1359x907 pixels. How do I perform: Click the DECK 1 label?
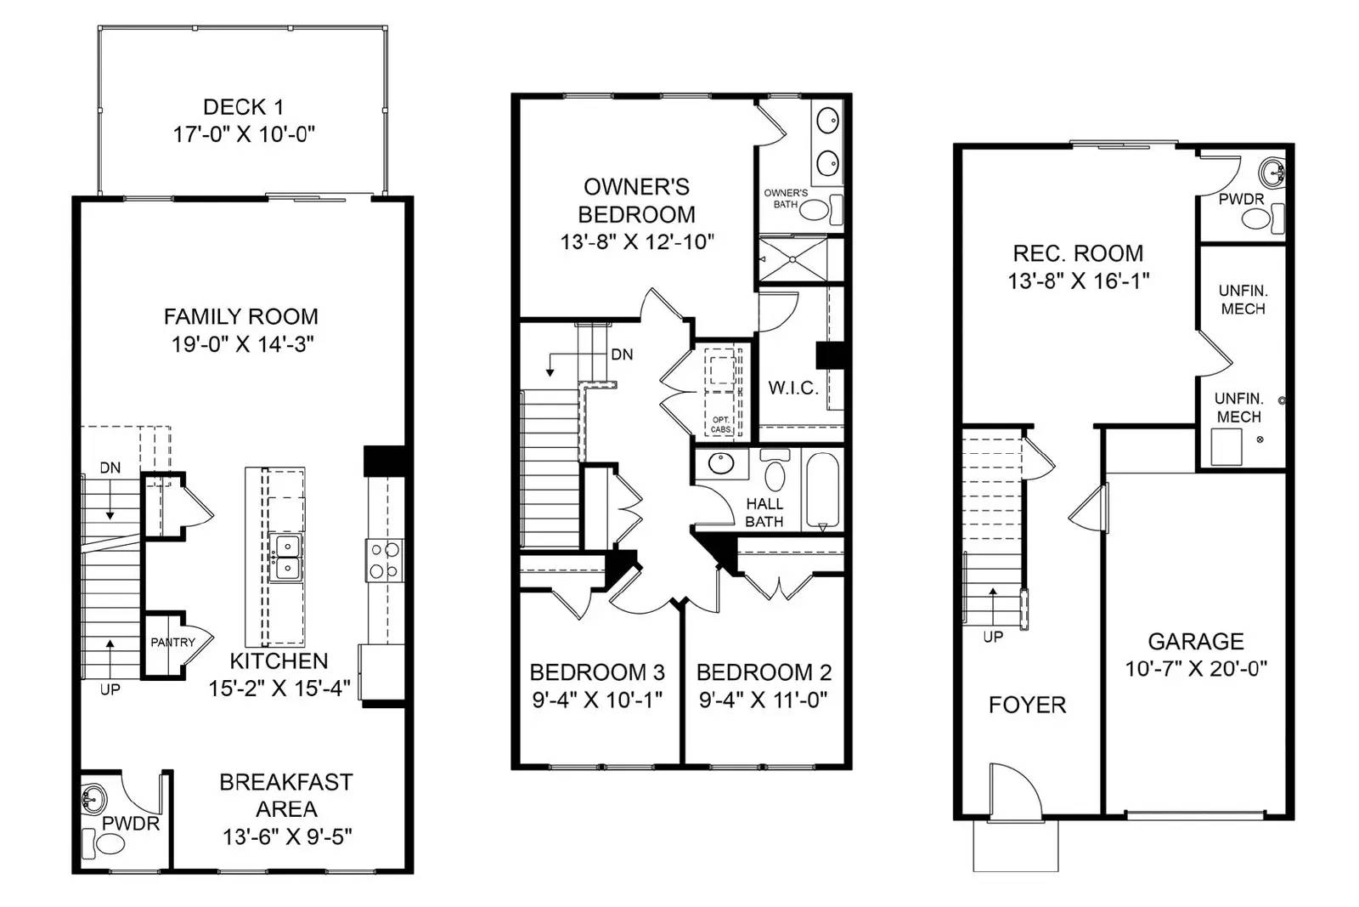click(243, 107)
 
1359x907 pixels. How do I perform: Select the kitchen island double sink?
click(285, 557)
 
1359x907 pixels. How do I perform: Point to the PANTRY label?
click(172, 643)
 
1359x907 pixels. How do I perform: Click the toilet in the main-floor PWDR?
click(108, 844)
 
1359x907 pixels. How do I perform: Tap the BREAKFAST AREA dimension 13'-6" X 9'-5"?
click(287, 837)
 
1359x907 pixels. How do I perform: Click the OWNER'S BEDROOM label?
click(636, 201)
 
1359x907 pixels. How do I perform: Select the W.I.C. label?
click(793, 388)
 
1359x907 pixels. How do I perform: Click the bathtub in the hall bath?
click(821, 490)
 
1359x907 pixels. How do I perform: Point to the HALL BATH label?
click(764, 513)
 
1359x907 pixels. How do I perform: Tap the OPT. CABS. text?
click(721, 425)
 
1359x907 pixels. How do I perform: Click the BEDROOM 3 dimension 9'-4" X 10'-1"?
click(597, 700)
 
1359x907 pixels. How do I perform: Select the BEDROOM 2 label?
click(764, 672)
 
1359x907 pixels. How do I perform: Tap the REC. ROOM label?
click(1078, 253)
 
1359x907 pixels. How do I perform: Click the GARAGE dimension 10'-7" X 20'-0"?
click(1196, 669)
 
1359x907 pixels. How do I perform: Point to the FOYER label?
click(1027, 705)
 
